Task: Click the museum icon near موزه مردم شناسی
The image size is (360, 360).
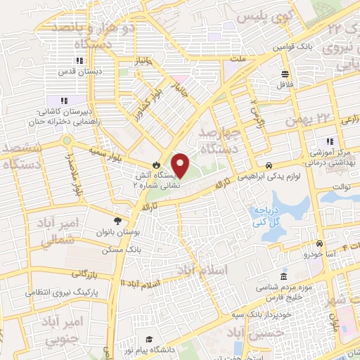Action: (x=283, y=276)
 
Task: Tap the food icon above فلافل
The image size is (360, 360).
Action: (x=285, y=74)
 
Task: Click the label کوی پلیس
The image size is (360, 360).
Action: (x=257, y=15)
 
